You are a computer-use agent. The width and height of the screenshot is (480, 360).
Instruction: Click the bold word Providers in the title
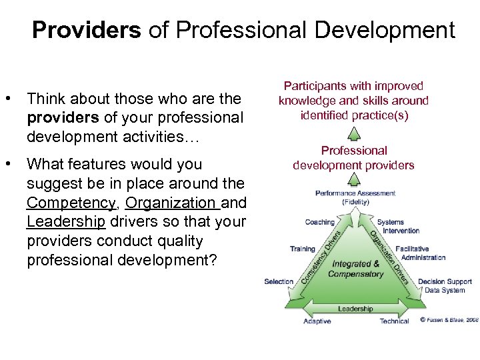[87, 30]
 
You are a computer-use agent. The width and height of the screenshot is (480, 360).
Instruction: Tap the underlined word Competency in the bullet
[71, 202]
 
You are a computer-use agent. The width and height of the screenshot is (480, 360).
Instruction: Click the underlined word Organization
[172, 202]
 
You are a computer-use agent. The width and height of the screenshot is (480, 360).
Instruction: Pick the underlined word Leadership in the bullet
[66, 221]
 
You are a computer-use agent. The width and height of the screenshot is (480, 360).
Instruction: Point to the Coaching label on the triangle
[320, 223]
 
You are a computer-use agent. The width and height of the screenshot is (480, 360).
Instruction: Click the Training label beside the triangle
[302, 249]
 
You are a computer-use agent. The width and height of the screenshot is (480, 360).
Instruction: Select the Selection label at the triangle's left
[279, 281]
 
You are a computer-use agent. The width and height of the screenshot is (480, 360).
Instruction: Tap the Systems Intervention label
[398, 227]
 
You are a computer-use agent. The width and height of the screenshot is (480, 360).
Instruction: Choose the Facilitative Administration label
[420, 253]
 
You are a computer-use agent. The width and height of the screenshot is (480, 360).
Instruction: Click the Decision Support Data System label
[445, 285]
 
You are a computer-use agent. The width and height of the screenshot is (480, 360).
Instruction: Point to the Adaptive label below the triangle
[317, 321]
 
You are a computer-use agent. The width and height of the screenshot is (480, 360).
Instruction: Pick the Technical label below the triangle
[394, 321]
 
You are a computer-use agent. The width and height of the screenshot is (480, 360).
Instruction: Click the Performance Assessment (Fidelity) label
[355, 197]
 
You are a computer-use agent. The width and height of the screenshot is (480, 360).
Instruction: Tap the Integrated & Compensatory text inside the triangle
[356, 269]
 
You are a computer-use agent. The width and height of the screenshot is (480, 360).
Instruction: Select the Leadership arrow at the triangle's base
[355, 309]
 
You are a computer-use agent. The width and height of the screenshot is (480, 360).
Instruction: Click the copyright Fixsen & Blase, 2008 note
[449, 320]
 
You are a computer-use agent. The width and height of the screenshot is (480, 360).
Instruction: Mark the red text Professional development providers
[354, 158]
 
